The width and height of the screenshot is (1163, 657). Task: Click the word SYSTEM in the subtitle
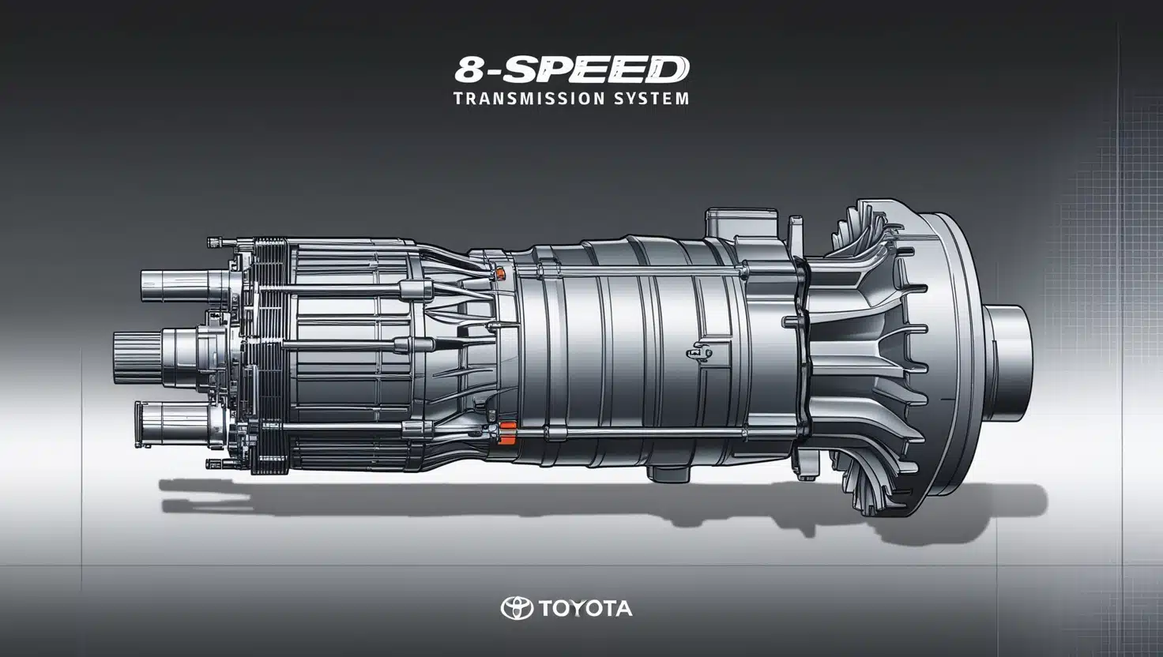[x=647, y=99]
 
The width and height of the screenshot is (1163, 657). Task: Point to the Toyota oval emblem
[x=517, y=608]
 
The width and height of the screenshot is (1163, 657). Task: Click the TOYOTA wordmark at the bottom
[x=585, y=609]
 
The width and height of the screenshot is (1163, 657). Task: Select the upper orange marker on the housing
[x=499, y=273]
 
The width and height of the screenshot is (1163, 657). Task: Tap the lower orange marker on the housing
[x=507, y=429]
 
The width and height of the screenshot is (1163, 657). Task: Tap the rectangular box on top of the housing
[x=735, y=223]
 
